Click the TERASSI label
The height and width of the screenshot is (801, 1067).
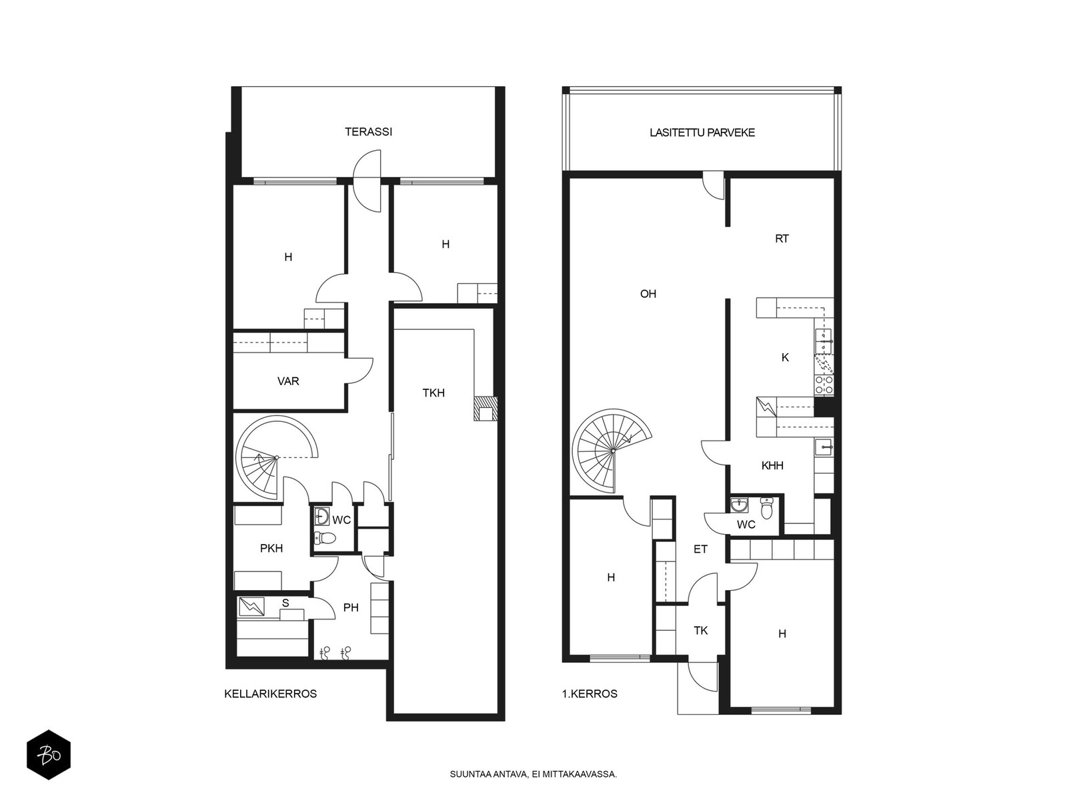click(x=368, y=131)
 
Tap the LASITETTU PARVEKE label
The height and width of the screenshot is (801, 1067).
click(x=702, y=133)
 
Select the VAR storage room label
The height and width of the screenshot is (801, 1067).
click(x=288, y=380)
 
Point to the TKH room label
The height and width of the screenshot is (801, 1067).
click(x=433, y=392)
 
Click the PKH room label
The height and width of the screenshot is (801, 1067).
click(x=271, y=548)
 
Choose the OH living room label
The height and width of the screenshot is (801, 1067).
click(x=648, y=294)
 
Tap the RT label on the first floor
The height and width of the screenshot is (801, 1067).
click(x=782, y=239)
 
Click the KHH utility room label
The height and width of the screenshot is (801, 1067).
click(x=772, y=465)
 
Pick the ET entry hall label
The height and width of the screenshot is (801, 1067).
click(x=700, y=549)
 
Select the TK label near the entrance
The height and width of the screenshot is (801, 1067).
click(x=700, y=631)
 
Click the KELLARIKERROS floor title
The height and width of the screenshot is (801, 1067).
click(x=270, y=694)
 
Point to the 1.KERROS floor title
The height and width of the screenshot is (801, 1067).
click(x=590, y=694)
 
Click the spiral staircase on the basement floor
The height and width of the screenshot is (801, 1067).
click(x=276, y=457)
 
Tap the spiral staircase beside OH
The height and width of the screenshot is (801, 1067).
click(x=612, y=451)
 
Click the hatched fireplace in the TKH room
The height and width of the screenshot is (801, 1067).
click(x=485, y=409)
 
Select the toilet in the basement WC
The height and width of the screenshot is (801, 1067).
click(x=325, y=539)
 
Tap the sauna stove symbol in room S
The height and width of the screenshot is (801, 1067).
click(x=252, y=606)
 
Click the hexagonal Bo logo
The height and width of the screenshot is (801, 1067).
click(x=49, y=754)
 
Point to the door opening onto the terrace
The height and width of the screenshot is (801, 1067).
click(x=367, y=181)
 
